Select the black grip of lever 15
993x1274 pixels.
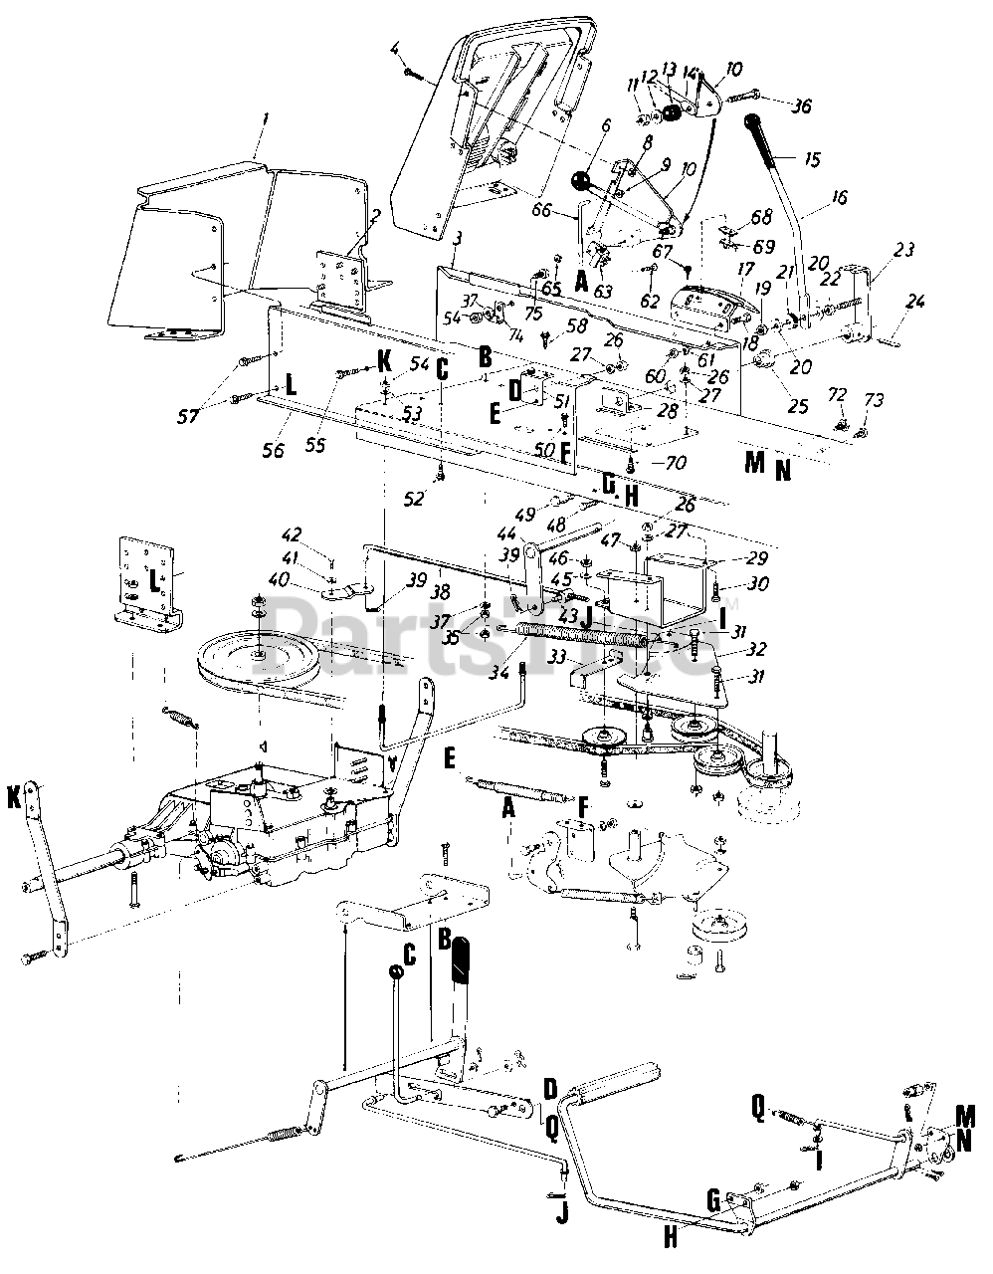(766, 138)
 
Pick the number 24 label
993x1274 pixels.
(915, 301)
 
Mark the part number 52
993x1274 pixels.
(418, 497)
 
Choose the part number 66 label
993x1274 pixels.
(569, 209)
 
